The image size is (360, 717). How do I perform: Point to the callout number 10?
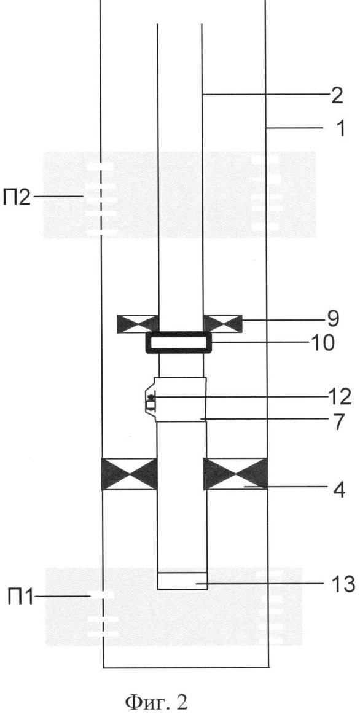322,342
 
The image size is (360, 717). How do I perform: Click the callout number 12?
338,397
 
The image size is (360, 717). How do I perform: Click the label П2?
17,198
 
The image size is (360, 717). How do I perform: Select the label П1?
20,597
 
